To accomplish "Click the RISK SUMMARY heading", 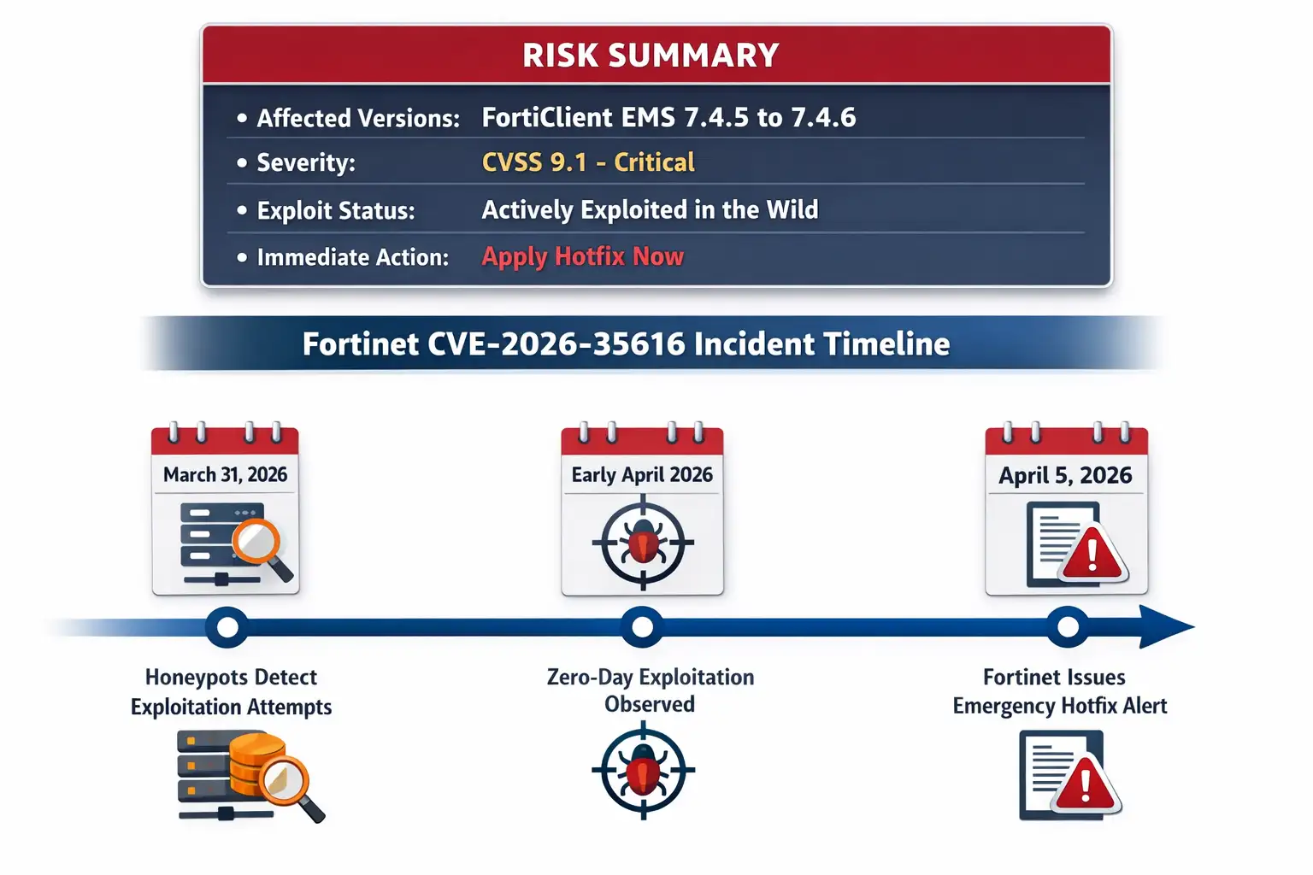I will pyautogui.click(x=651, y=56).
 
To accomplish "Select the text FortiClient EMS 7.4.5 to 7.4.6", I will pyautogui.click(x=668, y=118).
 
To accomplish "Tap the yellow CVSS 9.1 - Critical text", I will pyautogui.click(x=588, y=162).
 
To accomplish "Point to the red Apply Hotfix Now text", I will pyautogui.click(x=582, y=256).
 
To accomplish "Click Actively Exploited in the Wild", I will pyautogui.click(x=650, y=210).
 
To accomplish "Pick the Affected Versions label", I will pyautogui.click(x=358, y=118).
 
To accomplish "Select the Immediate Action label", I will pyautogui.click(x=352, y=257).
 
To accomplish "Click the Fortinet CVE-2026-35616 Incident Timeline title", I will pyautogui.click(x=626, y=344).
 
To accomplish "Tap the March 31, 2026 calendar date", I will pyautogui.click(x=225, y=475).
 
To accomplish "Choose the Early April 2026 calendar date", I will pyautogui.click(x=642, y=475).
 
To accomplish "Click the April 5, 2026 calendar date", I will pyautogui.click(x=1065, y=476).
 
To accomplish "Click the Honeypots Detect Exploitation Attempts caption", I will pyautogui.click(x=231, y=692).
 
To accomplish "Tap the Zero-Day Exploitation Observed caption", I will pyautogui.click(x=650, y=690).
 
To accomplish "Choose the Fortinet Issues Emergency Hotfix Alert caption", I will pyautogui.click(x=1059, y=691).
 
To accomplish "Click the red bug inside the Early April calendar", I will pyautogui.click(x=643, y=543).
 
